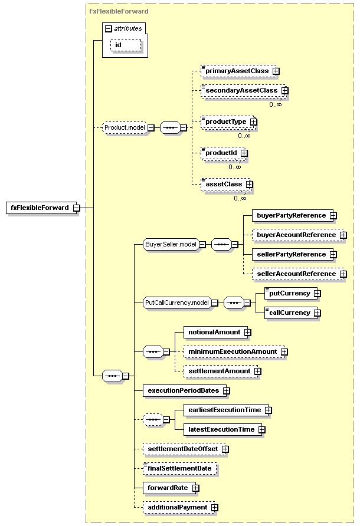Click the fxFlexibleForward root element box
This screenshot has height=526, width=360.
[x=42, y=208]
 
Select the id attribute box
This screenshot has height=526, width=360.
[x=126, y=45]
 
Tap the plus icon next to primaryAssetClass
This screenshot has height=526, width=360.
[x=276, y=71]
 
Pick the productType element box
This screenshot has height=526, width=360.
[x=228, y=122]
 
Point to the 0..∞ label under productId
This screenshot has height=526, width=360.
[x=235, y=167]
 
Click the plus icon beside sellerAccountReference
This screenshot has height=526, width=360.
[x=343, y=274]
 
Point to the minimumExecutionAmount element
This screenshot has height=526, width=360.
[x=234, y=352]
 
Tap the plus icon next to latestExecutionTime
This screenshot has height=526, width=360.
[x=262, y=430]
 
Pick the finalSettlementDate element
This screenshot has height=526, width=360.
[x=179, y=469]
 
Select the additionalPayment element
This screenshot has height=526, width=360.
[x=179, y=508]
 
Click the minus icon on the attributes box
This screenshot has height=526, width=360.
[x=108, y=29]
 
